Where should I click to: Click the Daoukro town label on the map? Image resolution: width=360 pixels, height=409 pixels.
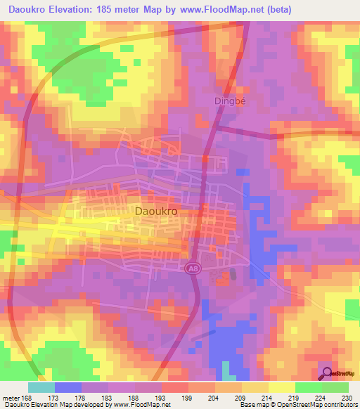(154, 210)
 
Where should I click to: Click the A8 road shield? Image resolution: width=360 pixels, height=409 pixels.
(191, 268)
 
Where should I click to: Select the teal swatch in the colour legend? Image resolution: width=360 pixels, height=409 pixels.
(41, 387)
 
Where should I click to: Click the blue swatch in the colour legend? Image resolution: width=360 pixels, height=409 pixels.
(68, 387)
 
